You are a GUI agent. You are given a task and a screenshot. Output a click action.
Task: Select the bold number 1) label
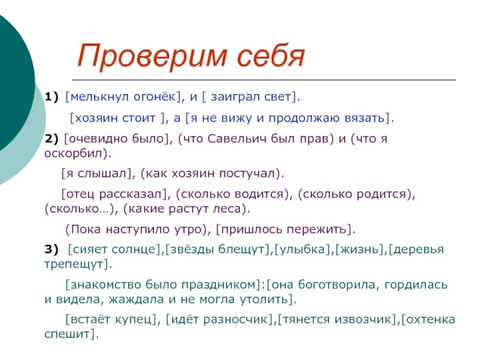(52, 97)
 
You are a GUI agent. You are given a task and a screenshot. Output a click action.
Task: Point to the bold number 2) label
(52, 139)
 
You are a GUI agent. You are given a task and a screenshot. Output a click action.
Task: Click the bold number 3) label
(52, 249)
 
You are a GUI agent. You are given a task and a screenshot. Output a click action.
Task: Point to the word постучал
(251, 173)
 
